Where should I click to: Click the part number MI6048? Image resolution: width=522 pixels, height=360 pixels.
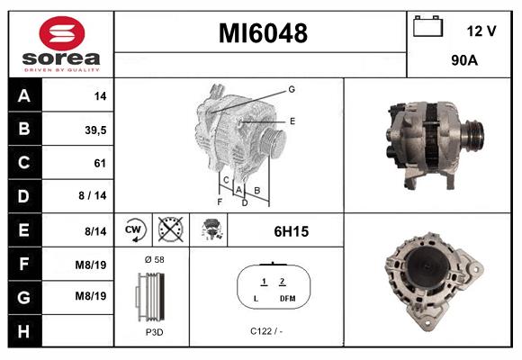(263, 34)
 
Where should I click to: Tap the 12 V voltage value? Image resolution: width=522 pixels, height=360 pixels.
(481, 31)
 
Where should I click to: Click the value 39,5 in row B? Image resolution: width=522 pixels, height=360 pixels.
(94, 130)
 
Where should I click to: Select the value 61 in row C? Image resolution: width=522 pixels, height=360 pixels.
(100, 163)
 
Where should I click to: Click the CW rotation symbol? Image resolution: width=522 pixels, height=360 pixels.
(134, 230)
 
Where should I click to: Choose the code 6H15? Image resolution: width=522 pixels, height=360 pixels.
(291, 231)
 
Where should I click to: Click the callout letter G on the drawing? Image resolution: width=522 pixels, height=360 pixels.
(292, 89)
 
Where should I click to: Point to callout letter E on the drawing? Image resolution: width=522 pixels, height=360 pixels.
(292, 120)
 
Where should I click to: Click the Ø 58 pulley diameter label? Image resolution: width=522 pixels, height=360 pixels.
(153, 259)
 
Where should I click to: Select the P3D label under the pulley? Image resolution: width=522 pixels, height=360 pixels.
(153, 330)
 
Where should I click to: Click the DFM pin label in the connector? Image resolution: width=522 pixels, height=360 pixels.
(287, 298)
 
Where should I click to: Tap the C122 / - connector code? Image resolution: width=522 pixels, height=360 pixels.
(266, 330)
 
